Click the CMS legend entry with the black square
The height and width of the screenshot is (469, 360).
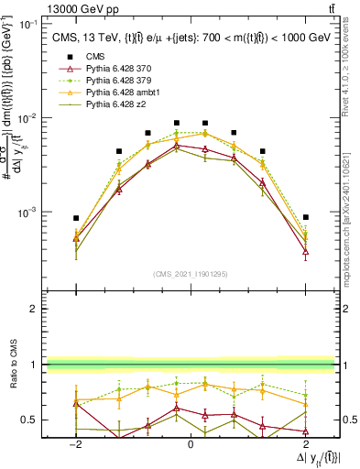[82, 57]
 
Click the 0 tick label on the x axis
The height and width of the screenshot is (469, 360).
[191, 443]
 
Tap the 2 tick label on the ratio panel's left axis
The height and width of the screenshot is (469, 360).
[37, 309]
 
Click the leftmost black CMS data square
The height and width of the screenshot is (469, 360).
[76, 218]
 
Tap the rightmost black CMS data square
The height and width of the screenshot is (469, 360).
[305, 217]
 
